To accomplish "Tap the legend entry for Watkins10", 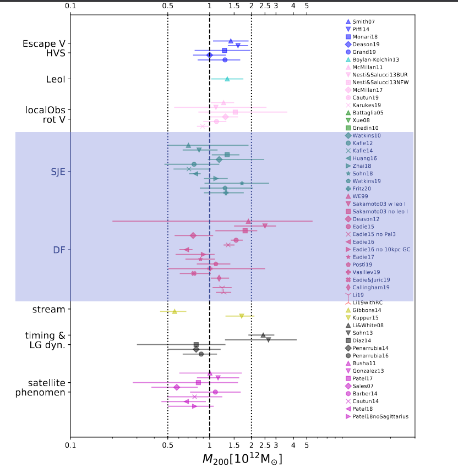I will [x=367, y=135].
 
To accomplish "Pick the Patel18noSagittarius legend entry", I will [x=380, y=416].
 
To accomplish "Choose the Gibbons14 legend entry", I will [x=367, y=310].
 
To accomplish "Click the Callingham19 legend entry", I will [x=370, y=287].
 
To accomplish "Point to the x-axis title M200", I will [x=242, y=458].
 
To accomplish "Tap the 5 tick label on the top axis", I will [x=307, y=6].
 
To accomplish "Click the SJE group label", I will [x=58, y=172].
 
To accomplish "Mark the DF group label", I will [x=59, y=250].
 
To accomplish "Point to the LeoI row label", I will [x=56, y=79].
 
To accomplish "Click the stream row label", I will [x=49, y=309].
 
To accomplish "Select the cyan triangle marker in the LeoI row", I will [x=227, y=79].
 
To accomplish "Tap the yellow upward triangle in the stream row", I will [x=175, y=311].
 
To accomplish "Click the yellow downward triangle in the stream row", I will [x=241, y=316].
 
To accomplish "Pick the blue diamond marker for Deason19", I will [x=209, y=55].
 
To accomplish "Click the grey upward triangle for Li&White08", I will [x=263, y=335].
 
